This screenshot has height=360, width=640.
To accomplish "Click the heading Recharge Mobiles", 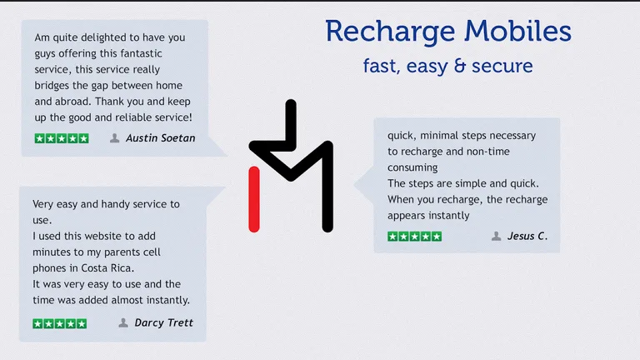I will (447, 32).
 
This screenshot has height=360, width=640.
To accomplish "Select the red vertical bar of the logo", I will (254, 197).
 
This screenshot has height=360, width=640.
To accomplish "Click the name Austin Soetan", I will (160, 138).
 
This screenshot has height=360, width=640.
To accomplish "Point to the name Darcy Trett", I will (163, 322).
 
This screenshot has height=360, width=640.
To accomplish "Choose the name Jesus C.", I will (527, 236).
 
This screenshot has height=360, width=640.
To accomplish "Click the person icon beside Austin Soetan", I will (115, 138).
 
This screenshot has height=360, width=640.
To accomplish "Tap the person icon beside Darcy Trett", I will (123, 322).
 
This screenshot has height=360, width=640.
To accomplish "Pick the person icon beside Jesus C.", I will (497, 236).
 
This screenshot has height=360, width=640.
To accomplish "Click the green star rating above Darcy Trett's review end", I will (59, 323).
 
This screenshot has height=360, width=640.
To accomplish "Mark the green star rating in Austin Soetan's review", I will (62, 138).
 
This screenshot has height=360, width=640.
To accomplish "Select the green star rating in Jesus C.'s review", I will (414, 237).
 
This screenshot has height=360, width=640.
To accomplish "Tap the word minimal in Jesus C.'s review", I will (442, 135).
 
